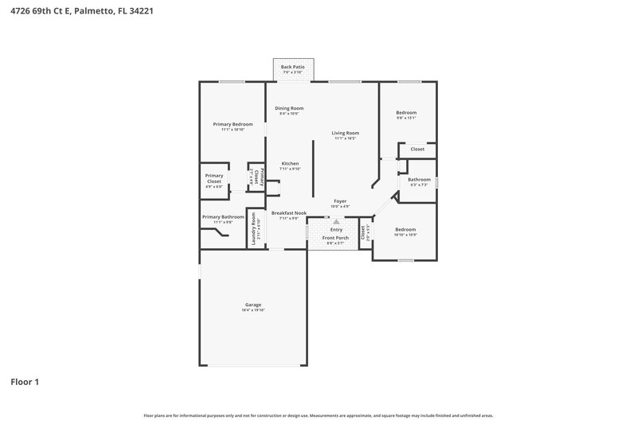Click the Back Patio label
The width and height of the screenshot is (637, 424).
[292, 67]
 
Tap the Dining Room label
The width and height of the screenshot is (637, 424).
[289, 108]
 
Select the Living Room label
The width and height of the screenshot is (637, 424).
[345, 133]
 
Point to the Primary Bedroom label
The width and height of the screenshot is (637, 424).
[233, 124]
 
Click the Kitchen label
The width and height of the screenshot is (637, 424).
[289, 164]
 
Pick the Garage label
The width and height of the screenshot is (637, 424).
[252, 305]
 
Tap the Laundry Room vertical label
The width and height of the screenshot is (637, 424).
[253, 228]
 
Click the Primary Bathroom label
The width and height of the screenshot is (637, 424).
[223, 217]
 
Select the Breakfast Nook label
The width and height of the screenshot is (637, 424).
[288, 213]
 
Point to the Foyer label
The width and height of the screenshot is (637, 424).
[340, 201]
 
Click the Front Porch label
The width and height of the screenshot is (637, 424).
[334, 238]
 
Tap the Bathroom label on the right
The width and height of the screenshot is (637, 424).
[419, 180]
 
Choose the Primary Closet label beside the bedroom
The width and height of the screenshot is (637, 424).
[214, 178]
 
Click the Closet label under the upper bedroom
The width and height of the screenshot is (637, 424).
[417, 149]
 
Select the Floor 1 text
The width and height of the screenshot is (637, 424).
[25, 382]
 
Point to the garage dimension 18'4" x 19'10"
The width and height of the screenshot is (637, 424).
[252, 310]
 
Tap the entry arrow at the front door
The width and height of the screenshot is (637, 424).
[335, 223]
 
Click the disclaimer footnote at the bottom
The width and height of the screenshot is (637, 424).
[318, 415]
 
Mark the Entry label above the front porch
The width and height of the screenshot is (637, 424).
[335, 230]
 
